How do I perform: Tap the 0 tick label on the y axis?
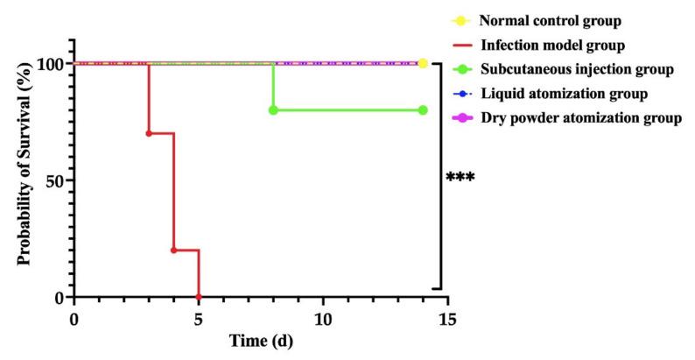pyautogui.click(x=58, y=297)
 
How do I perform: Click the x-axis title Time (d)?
pyautogui.click(x=261, y=342)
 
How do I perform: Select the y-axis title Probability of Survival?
pyautogui.click(x=25, y=179)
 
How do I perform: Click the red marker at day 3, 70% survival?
pyautogui.click(x=149, y=133)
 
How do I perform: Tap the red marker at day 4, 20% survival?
pyautogui.click(x=173, y=250)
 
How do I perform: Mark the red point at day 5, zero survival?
pyautogui.click(x=199, y=296)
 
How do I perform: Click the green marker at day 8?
pyautogui.click(x=273, y=109)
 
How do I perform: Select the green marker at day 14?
pyautogui.click(x=423, y=109)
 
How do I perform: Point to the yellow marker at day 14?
pyautogui.click(x=423, y=63)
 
